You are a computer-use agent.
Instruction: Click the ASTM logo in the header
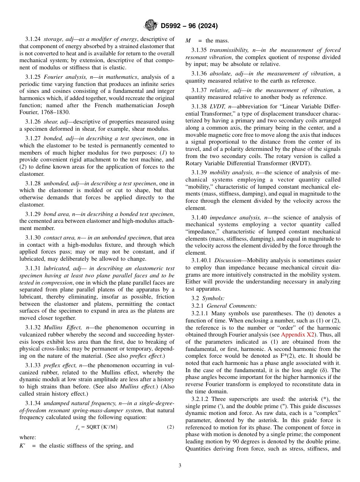point(150,26)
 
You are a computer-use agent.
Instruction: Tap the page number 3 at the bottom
point(180,466)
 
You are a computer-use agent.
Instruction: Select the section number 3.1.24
point(33,39)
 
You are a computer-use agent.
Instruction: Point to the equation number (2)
point(171,427)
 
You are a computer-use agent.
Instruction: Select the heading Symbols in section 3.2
point(214,298)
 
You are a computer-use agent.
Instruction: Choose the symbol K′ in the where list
point(22,446)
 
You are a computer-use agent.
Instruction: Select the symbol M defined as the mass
point(188,41)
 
